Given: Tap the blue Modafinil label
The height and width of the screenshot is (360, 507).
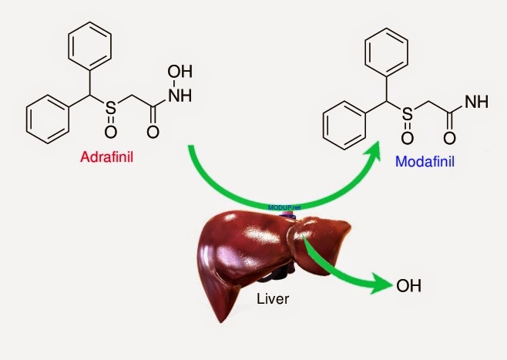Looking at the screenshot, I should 424,163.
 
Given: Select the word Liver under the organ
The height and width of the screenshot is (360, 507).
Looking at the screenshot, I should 272,298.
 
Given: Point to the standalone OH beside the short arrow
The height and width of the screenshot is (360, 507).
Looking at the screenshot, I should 408,287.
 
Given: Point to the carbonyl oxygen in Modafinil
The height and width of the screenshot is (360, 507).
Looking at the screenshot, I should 448,140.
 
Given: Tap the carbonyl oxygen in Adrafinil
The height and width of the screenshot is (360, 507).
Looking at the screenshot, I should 152,131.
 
